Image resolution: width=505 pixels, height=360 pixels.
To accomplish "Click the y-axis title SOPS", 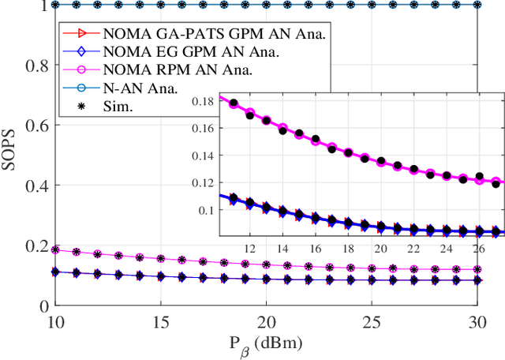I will (12, 155).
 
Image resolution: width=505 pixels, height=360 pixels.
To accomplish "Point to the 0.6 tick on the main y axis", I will (39, 126).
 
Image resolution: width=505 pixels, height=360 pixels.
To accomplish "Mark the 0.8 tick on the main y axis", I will (39, 66).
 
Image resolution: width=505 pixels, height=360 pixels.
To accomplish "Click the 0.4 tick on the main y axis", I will (39, 186).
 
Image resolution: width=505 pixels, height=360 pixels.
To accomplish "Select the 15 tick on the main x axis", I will (159, 323).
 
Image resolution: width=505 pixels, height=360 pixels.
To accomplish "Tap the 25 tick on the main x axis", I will (373, 323).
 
